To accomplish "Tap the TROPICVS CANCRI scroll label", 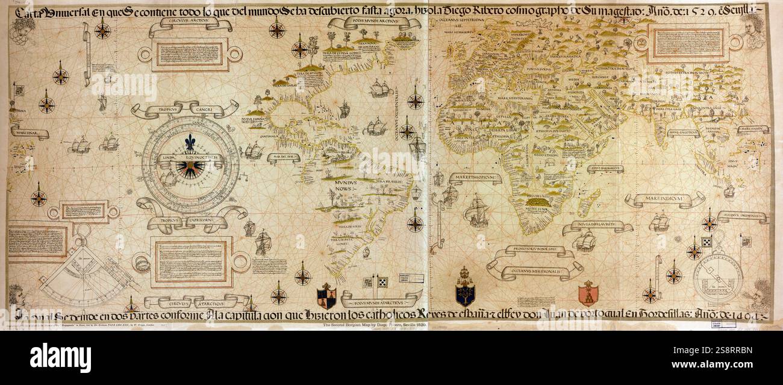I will click(x=184, y=110).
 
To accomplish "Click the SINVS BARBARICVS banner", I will click(x=605, y=169).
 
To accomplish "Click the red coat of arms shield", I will click(x=588, y=293).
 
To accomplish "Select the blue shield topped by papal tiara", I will click(x=464, y=289).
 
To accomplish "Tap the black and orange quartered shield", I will click(x=326, y=296).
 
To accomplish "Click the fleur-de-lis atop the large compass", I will click(x=190, y=142).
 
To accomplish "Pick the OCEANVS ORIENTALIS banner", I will click(x=742, y=217).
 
